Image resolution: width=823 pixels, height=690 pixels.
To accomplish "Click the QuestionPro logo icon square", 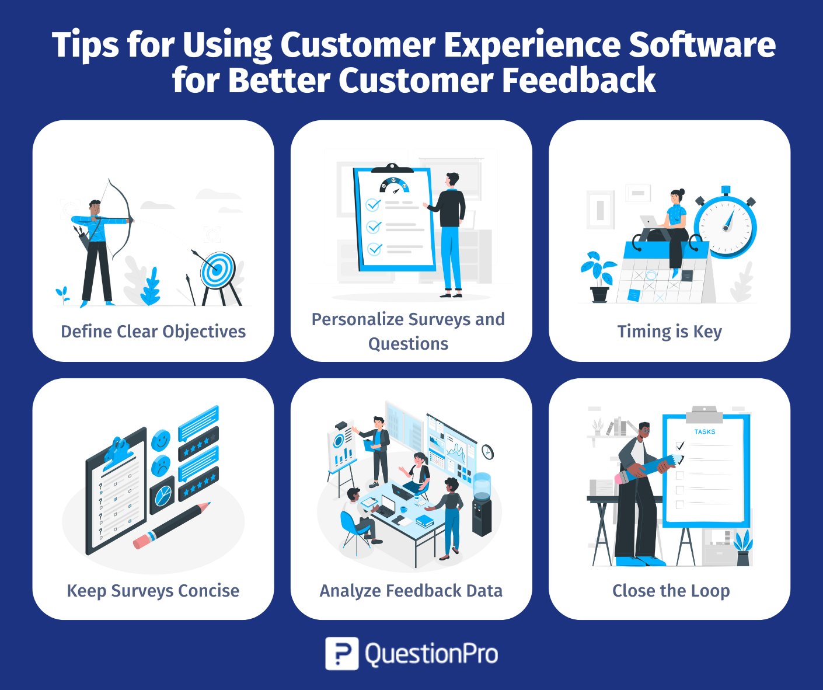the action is click(341, 653).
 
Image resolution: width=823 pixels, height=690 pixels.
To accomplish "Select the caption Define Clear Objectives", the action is click(154, 331).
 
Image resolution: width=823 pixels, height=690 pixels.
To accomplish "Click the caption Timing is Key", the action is click(669, 332).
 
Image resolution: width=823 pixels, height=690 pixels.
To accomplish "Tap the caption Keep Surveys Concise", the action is click(153, 591).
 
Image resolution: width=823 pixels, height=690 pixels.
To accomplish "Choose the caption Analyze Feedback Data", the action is click(411, 591).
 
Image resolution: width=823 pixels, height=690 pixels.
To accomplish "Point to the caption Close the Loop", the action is click(671, 591).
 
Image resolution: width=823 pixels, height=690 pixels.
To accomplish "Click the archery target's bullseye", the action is click(215, 269).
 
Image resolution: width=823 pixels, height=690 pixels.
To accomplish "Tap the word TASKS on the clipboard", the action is click(705, 432).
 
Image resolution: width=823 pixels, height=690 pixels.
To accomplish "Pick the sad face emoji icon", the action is click(161, 465).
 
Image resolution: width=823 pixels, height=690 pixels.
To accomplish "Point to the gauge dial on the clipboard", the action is click(395, 185).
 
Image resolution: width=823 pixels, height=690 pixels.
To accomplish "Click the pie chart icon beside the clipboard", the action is click(162, 495).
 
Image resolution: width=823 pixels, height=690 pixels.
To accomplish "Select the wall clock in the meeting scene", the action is click(487, 452).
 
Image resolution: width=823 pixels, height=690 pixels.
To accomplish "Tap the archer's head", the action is click(95, 207).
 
